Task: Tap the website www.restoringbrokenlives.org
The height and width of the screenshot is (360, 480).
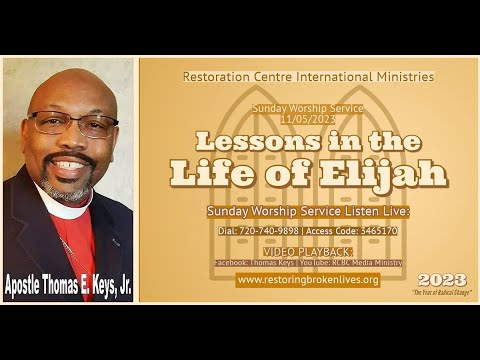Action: [308, 280]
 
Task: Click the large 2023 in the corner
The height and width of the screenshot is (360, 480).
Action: [442, 279]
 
